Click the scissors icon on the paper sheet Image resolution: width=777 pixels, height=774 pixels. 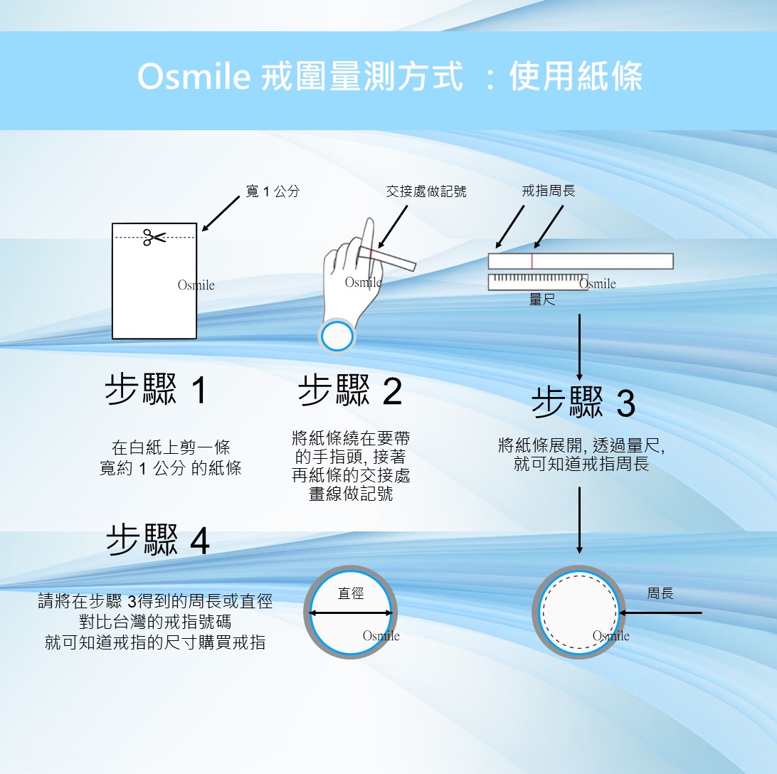pyautogui.click(x=154, y=237)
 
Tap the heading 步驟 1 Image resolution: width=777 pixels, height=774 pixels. pyautogui.click(x=156, y=389)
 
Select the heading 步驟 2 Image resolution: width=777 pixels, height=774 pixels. pyautogui.click(x=350, y=391)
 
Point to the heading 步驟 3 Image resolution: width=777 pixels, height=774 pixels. pyautogui.click(x=583, y=403)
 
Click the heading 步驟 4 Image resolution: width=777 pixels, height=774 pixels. pyautogui.click(x=158, y=540)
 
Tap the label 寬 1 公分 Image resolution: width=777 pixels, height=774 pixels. pyautogui.click(x=273, y=191)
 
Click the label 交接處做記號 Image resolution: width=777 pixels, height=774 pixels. pyautogui.click(x=426, y=191)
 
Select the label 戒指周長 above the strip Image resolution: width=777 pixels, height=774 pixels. pyautogui.click(x=548, y=191)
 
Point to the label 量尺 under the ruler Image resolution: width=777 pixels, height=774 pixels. pyautogui.click(x=542, y=299)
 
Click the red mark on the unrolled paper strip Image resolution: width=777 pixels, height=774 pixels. pyautogui.click(x=532, y=261)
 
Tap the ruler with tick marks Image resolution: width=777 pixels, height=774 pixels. pyautogui.click(x=538, y=282)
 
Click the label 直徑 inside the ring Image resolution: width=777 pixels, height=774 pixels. pyautogui.click(x=351, y=593)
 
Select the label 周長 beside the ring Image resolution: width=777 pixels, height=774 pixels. pyautogui.click(x=660, y=593)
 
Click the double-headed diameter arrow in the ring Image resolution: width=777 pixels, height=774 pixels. pyautogui.click(x=351, y=613)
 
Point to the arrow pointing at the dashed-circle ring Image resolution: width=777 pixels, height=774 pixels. pyautogui.click(x=660, y=613)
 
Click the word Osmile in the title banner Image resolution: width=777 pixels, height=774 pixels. pyautogui.click(x=194, y=76)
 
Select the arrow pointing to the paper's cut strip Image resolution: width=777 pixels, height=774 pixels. pyautogui.click(x=221, y=213)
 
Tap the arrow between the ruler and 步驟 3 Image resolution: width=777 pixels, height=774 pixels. pyautogui.click(x=579, y=347)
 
